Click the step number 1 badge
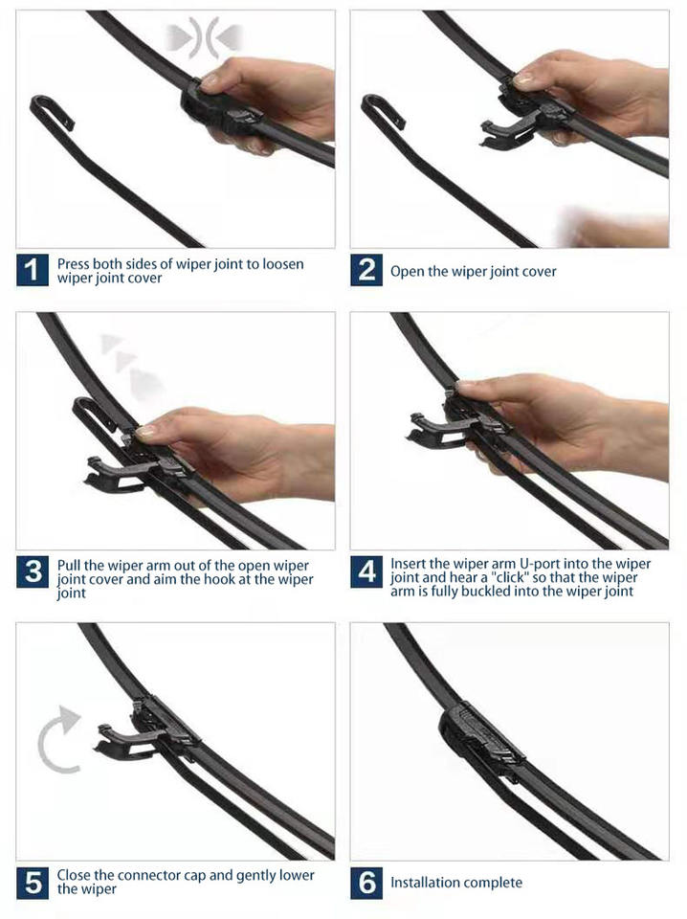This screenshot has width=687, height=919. (x=33, y=270)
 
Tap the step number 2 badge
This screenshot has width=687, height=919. (x=366, y=270)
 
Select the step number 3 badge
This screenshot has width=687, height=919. (x=33, y=572)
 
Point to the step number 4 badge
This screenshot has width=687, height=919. (x=366, y=572)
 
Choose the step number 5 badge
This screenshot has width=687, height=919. (x=33, y=883)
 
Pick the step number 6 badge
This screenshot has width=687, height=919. (x=366, y=883)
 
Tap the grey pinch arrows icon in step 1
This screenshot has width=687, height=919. (x=204, y=37)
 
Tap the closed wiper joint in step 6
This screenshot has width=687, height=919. (x=479, y=737)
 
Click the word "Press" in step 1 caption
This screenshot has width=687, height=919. (x=74, y=264)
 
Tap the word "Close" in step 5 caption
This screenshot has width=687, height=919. (x=74, y=876)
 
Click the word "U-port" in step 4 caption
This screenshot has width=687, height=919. (x=540, y=565)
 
